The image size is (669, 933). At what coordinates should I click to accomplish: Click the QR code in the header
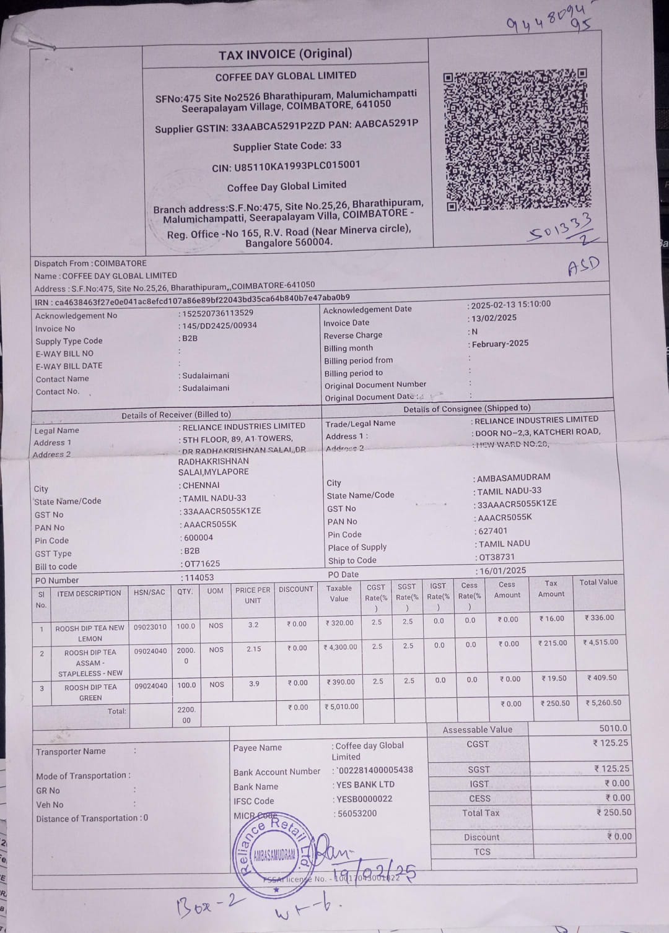point(515,140)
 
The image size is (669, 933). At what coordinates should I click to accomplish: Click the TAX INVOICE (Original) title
point(285,54)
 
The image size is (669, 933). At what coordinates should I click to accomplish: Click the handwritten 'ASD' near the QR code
point(584,266)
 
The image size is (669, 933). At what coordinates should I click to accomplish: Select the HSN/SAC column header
point(149,592)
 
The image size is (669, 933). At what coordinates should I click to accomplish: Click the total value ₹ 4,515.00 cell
point(600,643)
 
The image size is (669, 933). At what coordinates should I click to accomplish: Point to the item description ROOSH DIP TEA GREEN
point(90,692)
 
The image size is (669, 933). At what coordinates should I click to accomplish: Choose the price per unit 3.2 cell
point(253,625)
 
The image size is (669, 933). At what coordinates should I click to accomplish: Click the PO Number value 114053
point(199,578)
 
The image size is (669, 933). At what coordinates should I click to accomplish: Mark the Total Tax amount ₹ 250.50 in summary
point(614,812)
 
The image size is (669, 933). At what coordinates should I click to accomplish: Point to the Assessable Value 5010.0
point(613,729)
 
